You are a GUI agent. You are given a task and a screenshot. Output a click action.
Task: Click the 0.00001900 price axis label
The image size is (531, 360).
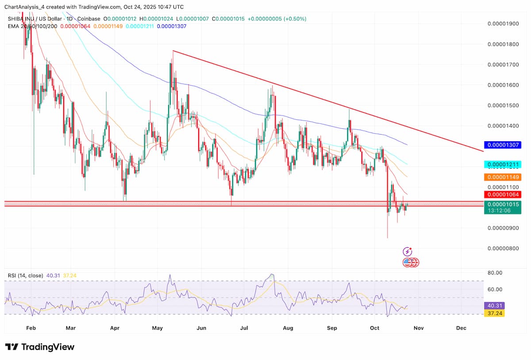[503, 23]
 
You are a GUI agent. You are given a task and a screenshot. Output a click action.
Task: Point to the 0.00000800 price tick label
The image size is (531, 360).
[503, 248]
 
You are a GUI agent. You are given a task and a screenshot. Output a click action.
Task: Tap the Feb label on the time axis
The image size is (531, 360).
[31, 328]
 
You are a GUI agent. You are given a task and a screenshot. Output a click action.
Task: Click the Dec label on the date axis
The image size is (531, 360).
[461, 328]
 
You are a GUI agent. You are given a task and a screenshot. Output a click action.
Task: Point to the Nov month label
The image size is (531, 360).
[419, 328]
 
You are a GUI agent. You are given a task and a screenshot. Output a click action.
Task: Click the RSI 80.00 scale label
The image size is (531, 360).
[495, 273]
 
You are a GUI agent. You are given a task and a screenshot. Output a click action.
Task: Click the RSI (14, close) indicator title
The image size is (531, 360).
[26, 275]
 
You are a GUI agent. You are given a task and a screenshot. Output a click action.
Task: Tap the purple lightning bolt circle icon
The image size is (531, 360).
[408, 252]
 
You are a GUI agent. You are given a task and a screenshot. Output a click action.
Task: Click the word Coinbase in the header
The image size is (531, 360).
[90, 19]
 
